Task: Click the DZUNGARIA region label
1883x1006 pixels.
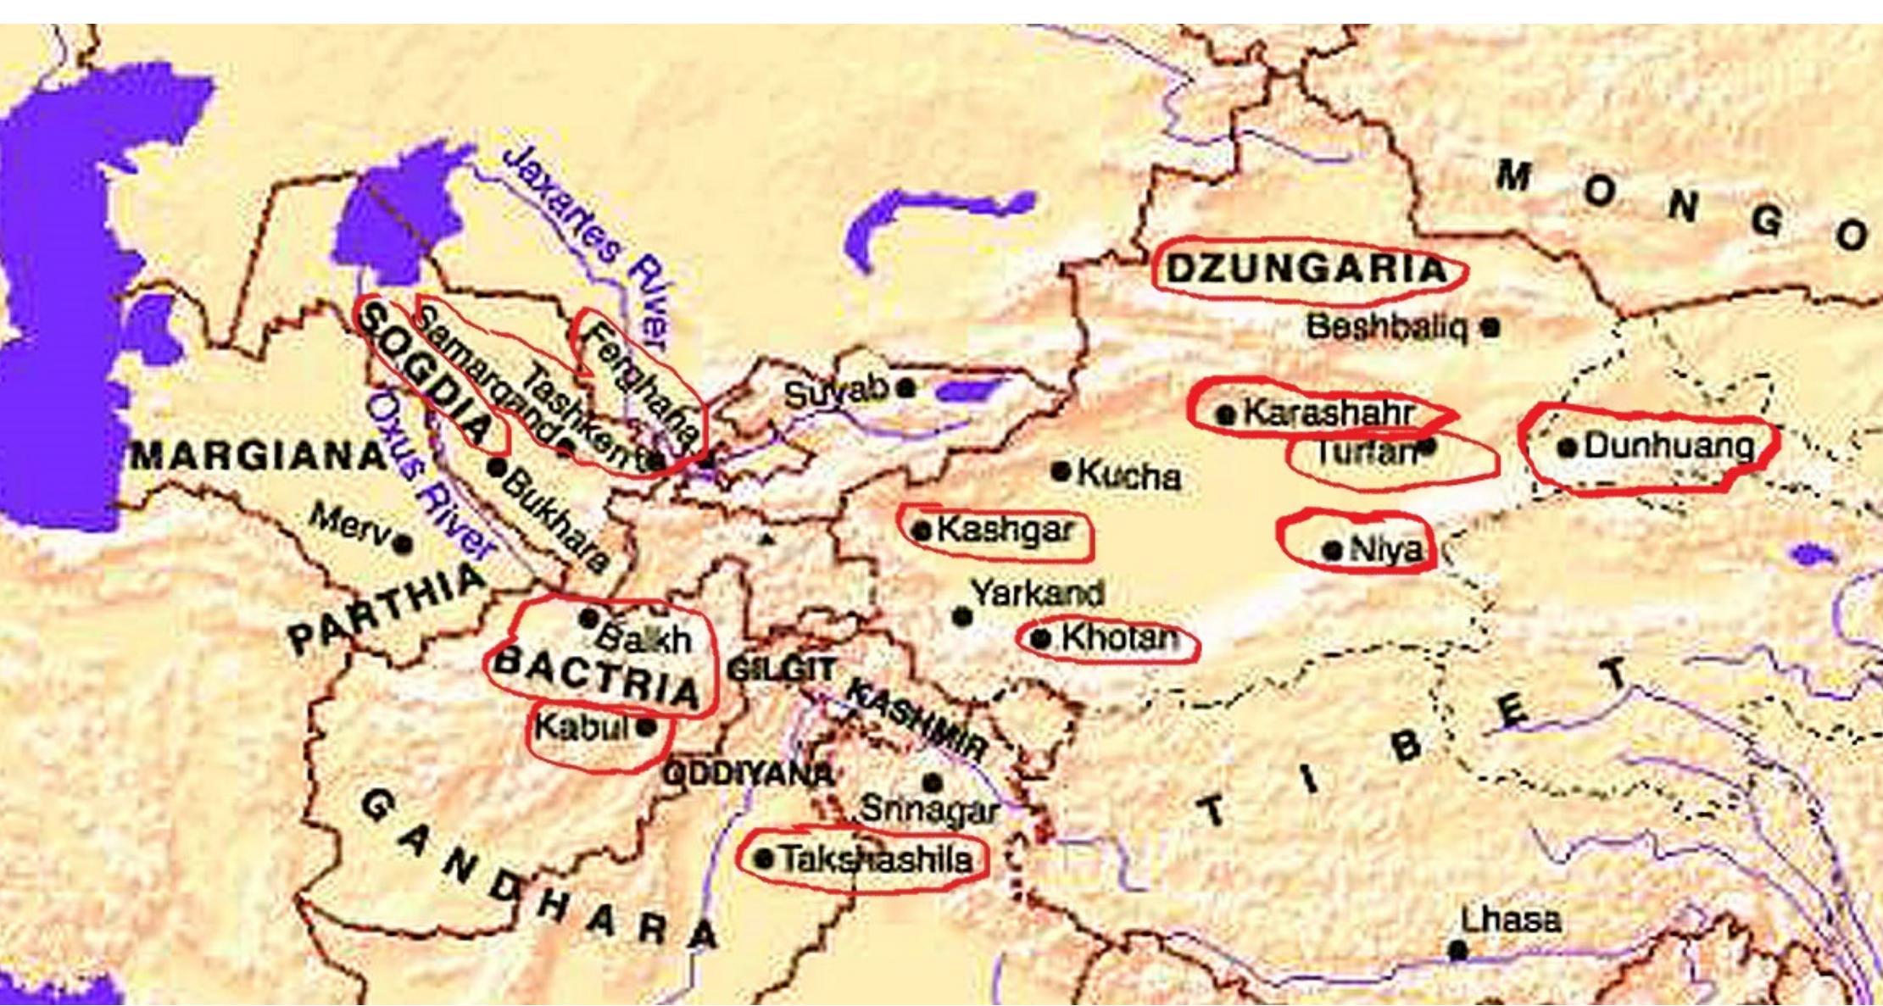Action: [1306, 270]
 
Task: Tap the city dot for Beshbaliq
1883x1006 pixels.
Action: [1490, 327]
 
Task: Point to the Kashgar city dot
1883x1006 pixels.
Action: [922, 531]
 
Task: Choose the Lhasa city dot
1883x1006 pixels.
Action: [1457, 951]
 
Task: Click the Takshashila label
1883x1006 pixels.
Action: [876, 859]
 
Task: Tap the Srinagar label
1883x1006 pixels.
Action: [929, 809]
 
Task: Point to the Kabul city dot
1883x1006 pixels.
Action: [646, 726]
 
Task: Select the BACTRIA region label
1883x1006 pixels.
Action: [598, 678]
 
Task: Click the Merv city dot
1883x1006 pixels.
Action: [403, 543]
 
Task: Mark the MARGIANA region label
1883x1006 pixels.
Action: [259, 457]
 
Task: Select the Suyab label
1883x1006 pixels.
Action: [835, 392]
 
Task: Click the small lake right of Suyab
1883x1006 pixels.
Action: [967, 391]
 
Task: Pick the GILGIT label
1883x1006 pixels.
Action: [782, 670]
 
